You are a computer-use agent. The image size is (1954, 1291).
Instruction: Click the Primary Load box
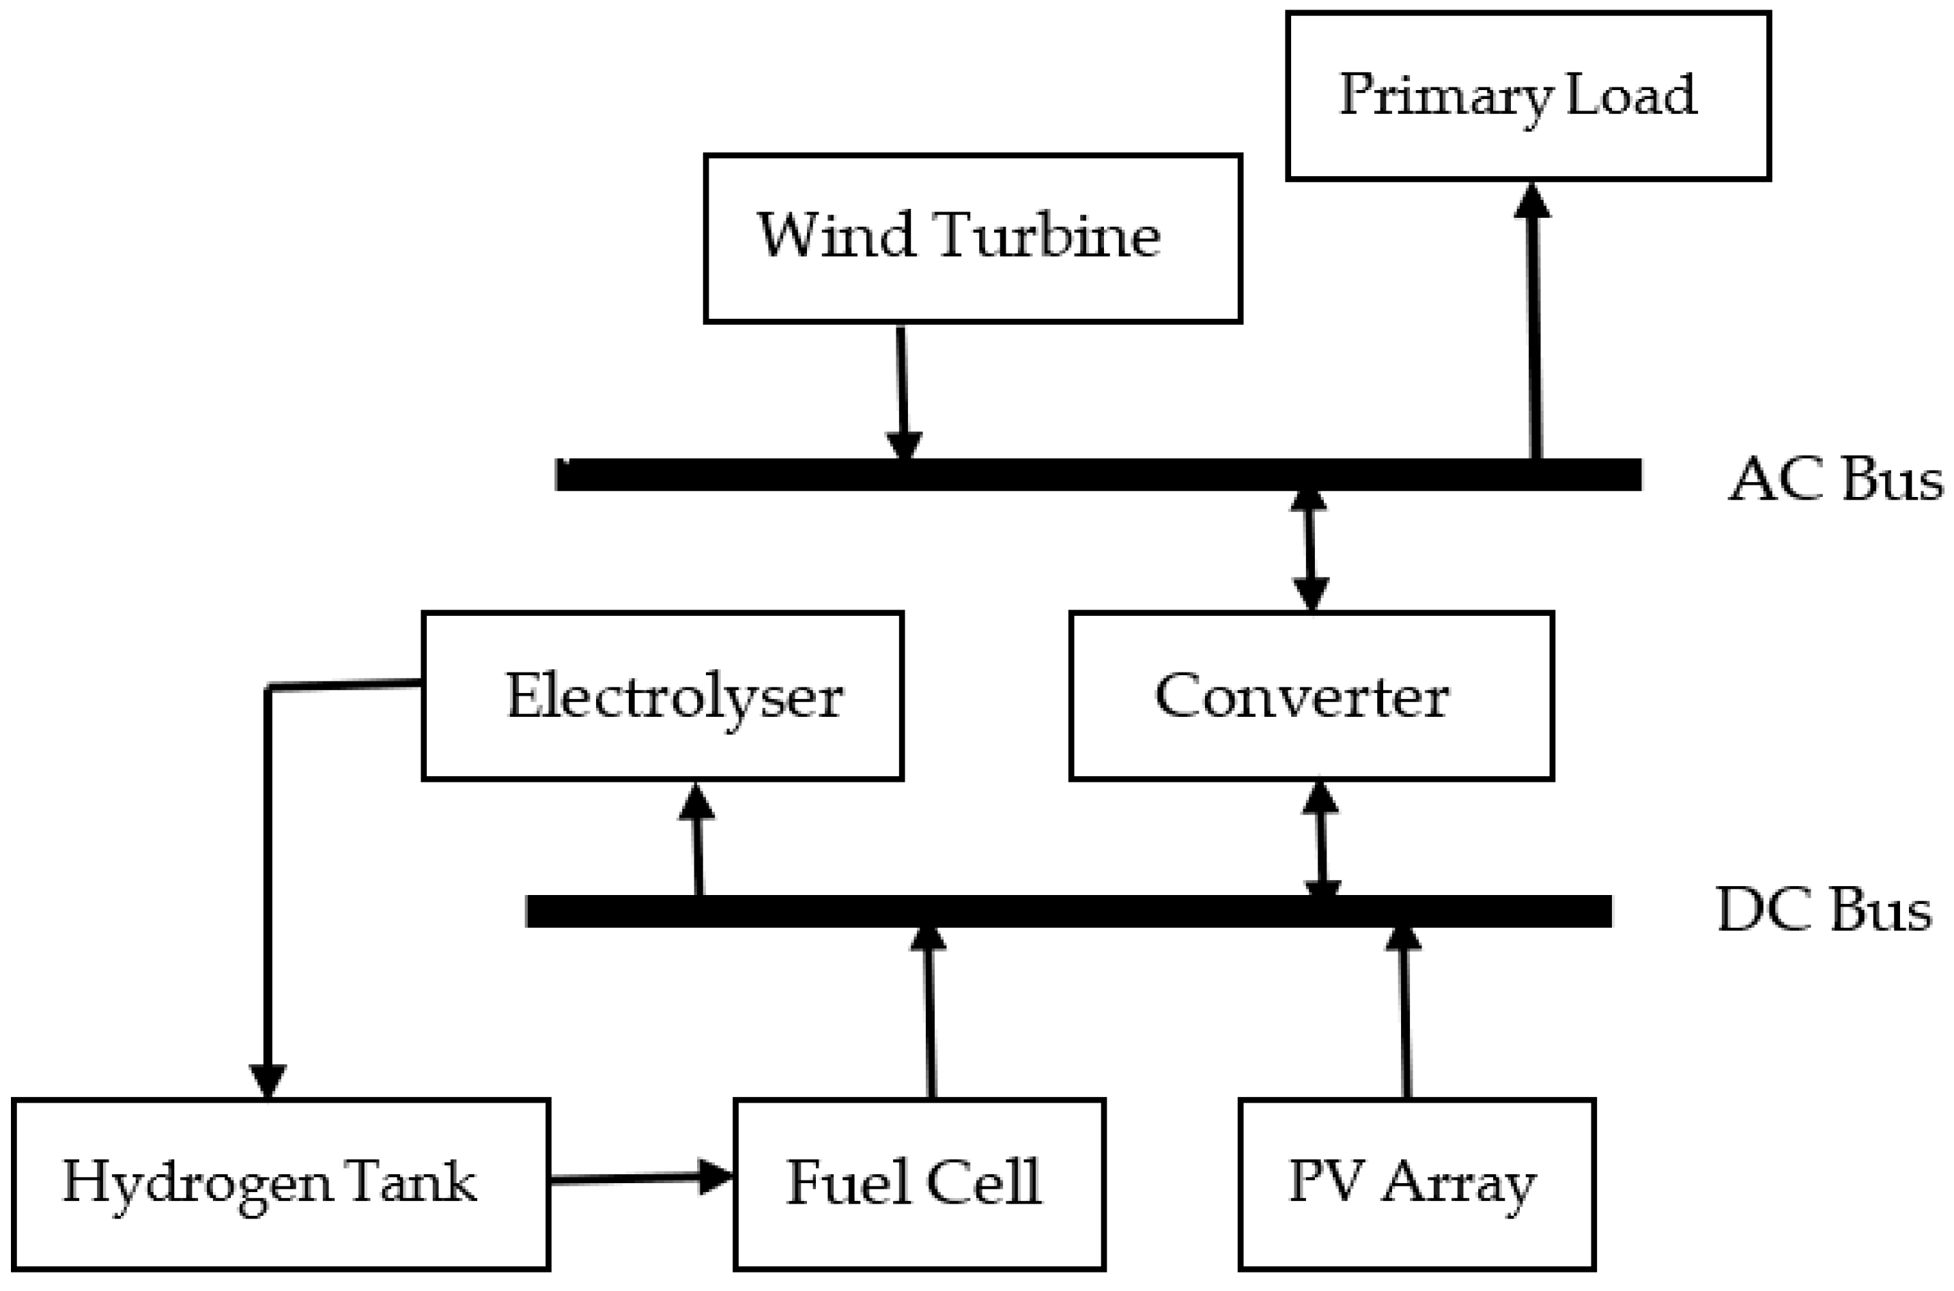tap(1527, 95)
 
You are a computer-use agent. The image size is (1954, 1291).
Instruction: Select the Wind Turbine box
tap(972, 238)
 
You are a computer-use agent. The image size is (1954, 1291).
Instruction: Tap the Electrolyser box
tap(662, 696)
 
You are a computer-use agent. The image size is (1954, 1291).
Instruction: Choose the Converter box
tap(1311, 696)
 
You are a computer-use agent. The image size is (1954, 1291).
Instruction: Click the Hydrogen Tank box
tap(280, 1183)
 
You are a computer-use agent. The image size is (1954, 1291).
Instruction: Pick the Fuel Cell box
tap(919, 1183)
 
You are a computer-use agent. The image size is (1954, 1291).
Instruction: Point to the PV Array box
tap(1416, 1183)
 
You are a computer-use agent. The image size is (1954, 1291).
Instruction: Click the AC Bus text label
tap(1835, 479)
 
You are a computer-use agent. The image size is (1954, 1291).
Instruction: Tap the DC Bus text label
tap(1823, 911)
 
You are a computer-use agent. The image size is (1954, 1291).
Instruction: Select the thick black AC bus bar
tap(1098, 475)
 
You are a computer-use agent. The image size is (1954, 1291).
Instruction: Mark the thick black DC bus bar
tap(1068, 911)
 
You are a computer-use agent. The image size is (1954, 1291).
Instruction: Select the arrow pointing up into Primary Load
tap(1534, 321)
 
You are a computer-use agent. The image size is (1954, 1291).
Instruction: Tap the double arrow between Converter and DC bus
tap(1321, 840)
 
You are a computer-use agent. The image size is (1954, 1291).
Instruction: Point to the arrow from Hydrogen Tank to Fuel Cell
tap(638, 1179)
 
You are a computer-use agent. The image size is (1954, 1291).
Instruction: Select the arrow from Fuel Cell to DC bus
tap(930, 1012)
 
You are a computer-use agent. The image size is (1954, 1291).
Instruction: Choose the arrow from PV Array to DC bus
tap(1405, 1012)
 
